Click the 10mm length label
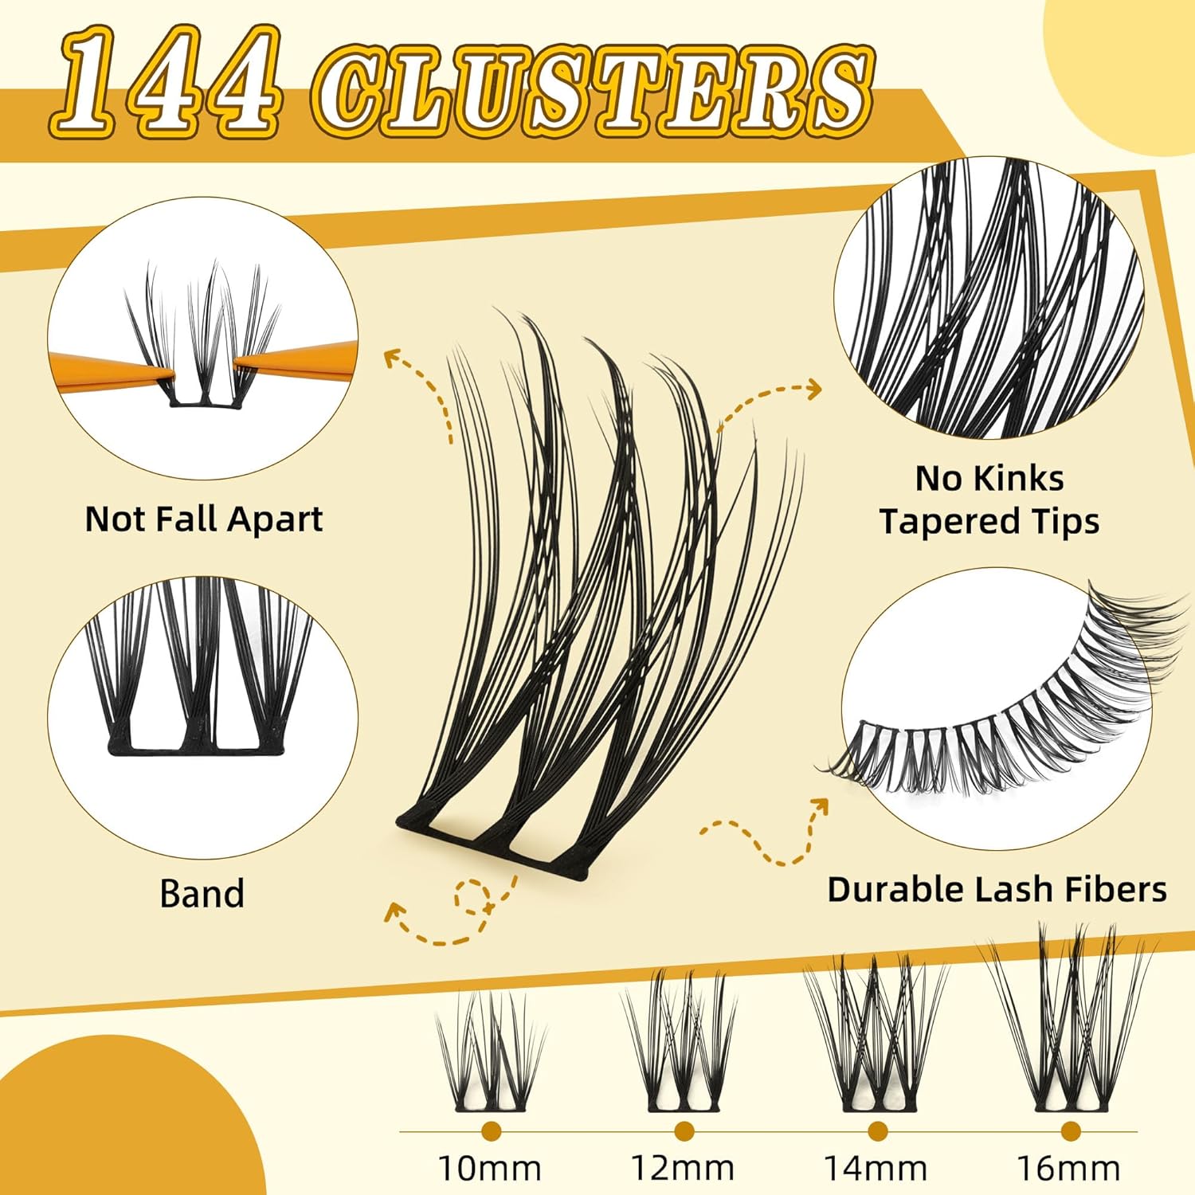tap(490, 1169)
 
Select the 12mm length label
tap(683, 1169)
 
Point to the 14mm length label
tap(876, 1169)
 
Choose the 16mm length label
tap(1069, 1169)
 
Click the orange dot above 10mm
tap(491, 1130)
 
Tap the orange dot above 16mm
tap(1070, 1130)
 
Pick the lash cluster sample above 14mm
tap(876, 1032)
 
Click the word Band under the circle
tap(202, 893)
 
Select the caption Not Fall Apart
tap(204, 519)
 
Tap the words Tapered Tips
tap(989, 522)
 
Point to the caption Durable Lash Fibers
tap(997, 889)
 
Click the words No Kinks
tap(989, 478)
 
